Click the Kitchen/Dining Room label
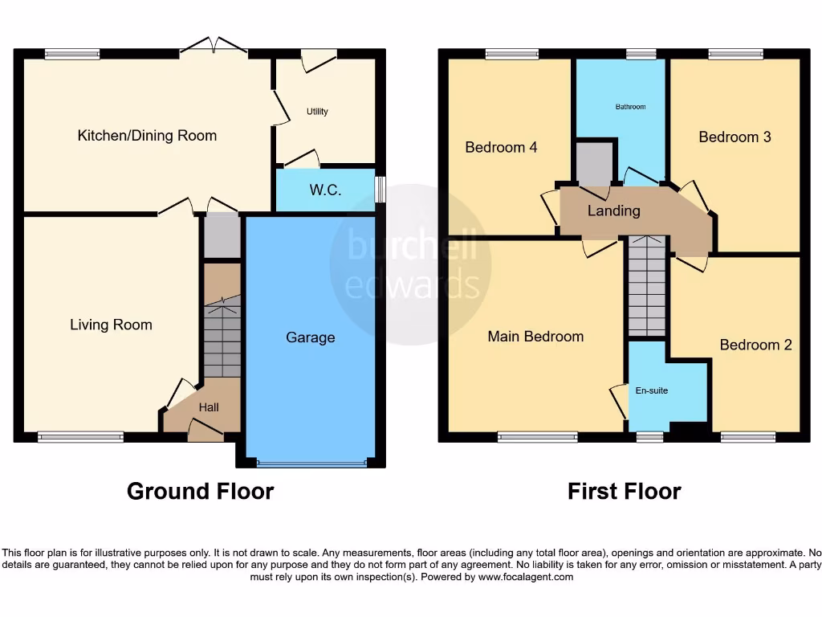(147, 136)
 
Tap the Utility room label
(317, 112)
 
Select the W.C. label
(325, 190)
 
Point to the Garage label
(310, 337)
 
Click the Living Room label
(111, 325)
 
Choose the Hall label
(209, 407)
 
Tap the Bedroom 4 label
(501, 147)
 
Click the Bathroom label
(630, 106)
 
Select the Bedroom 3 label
(735, 137)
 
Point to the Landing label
(613, 211)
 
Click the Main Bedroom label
(535, 336)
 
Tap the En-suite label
(651, 390)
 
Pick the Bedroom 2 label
(755, 345)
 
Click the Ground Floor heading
(200, 491)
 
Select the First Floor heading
(624, 491)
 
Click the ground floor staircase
(222, 337)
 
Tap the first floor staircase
(647, 286)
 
